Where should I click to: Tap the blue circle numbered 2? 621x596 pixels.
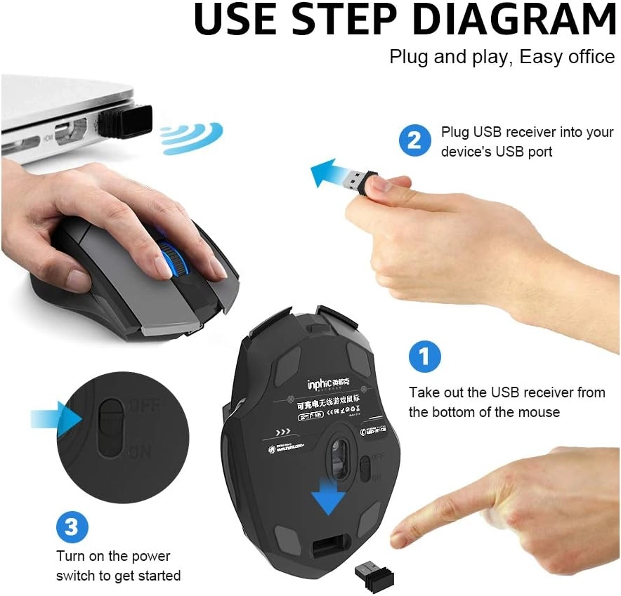pos(414,140)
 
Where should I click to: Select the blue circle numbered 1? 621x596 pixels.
pos(424,357)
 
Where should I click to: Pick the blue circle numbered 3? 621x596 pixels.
pos(72,526)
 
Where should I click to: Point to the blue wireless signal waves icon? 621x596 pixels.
pos(191,138)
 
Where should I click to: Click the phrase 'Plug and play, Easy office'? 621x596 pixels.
pos(502,57)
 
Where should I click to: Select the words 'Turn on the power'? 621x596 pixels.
pos(113,556)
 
